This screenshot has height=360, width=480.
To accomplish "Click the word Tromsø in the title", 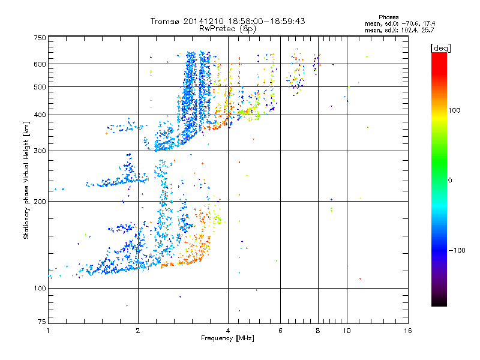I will coord(166,21).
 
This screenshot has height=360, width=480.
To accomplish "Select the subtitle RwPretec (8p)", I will coord(228,28).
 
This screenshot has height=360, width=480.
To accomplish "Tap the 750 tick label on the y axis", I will coord(40,38).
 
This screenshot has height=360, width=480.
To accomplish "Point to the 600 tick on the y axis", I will coord(40,64).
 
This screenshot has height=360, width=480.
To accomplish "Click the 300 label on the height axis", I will coord(40,151).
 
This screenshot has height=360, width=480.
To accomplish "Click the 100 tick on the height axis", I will coord(40,288).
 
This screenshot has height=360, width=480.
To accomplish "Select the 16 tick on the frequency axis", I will coord(407,331).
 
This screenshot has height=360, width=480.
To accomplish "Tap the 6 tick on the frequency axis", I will coord(280,331).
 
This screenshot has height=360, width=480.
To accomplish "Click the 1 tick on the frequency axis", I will coord(48,331).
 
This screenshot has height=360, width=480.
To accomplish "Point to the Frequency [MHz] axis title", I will coord(227,339).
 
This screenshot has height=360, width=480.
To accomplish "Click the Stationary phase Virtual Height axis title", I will coord(26,180).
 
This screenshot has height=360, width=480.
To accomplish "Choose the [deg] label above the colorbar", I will coord(441,47).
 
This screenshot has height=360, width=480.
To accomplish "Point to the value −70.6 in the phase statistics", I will coord(418,23).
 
